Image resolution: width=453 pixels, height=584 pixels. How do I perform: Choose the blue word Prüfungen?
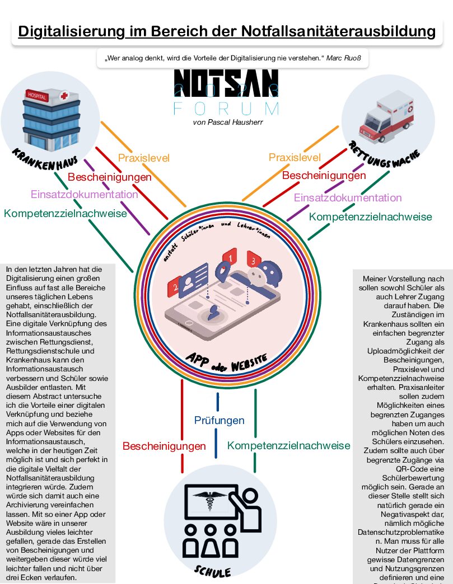220,420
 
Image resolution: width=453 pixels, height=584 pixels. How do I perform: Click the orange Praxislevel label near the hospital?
143,158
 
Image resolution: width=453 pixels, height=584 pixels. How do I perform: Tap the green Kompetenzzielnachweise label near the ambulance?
370,216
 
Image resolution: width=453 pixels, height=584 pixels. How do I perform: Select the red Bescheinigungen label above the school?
164,446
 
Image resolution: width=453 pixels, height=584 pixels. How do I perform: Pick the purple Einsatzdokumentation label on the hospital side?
84,195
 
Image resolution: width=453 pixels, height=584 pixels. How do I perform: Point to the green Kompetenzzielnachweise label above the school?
288,446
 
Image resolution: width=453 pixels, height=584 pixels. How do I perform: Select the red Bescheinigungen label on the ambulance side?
324,176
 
